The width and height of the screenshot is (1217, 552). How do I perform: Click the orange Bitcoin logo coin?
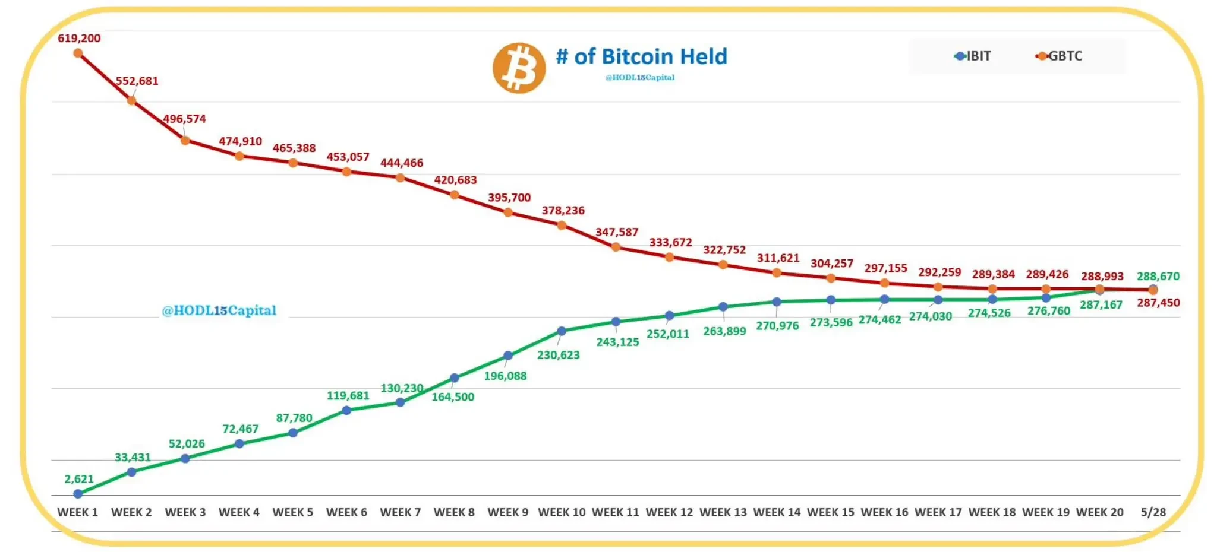(519, 68)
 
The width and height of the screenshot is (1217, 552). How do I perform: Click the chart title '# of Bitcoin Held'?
(641, 56)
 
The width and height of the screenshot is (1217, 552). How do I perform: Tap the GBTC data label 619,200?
(79, 38)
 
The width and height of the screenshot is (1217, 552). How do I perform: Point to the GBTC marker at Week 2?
(131, 100)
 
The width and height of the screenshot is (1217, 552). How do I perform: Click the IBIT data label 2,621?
(79, 479)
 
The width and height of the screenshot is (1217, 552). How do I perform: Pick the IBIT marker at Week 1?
(78, 494)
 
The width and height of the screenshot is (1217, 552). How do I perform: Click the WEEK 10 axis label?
(562, 512)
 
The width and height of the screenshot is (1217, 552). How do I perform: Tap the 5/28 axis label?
(1153, 512)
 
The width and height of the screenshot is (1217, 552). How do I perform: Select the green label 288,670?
(1158, 276)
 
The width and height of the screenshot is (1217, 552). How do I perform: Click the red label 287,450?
(1158, 303)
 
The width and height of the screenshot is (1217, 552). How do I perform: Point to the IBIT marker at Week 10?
(562, 331)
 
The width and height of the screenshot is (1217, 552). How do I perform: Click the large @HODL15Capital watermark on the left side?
(219, 310)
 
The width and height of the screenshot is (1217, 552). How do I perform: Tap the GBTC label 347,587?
(616, 232)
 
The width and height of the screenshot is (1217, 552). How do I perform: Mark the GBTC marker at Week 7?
(401, 177)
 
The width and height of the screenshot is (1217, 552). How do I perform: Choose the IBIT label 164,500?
(453, 397)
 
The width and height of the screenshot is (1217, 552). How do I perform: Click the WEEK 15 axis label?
(830, 512)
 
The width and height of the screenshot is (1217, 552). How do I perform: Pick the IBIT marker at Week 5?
(293, 433)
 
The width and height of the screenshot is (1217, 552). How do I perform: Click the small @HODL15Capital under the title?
(639, 77)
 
